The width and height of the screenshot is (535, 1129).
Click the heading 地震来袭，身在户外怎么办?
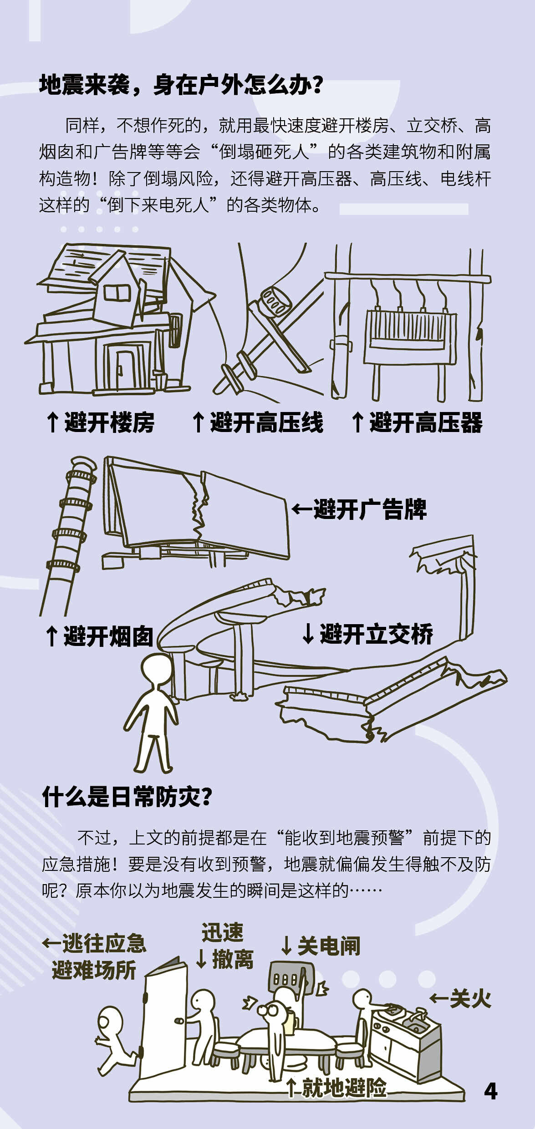181,85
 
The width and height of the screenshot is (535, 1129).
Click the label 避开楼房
109,422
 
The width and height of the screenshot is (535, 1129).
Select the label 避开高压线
266,422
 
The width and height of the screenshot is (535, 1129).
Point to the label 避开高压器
426,422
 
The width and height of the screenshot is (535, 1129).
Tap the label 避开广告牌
370,509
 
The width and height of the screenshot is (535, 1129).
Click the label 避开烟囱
108,636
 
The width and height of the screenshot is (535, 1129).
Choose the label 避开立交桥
377,634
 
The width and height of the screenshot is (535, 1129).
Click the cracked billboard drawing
196,510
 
